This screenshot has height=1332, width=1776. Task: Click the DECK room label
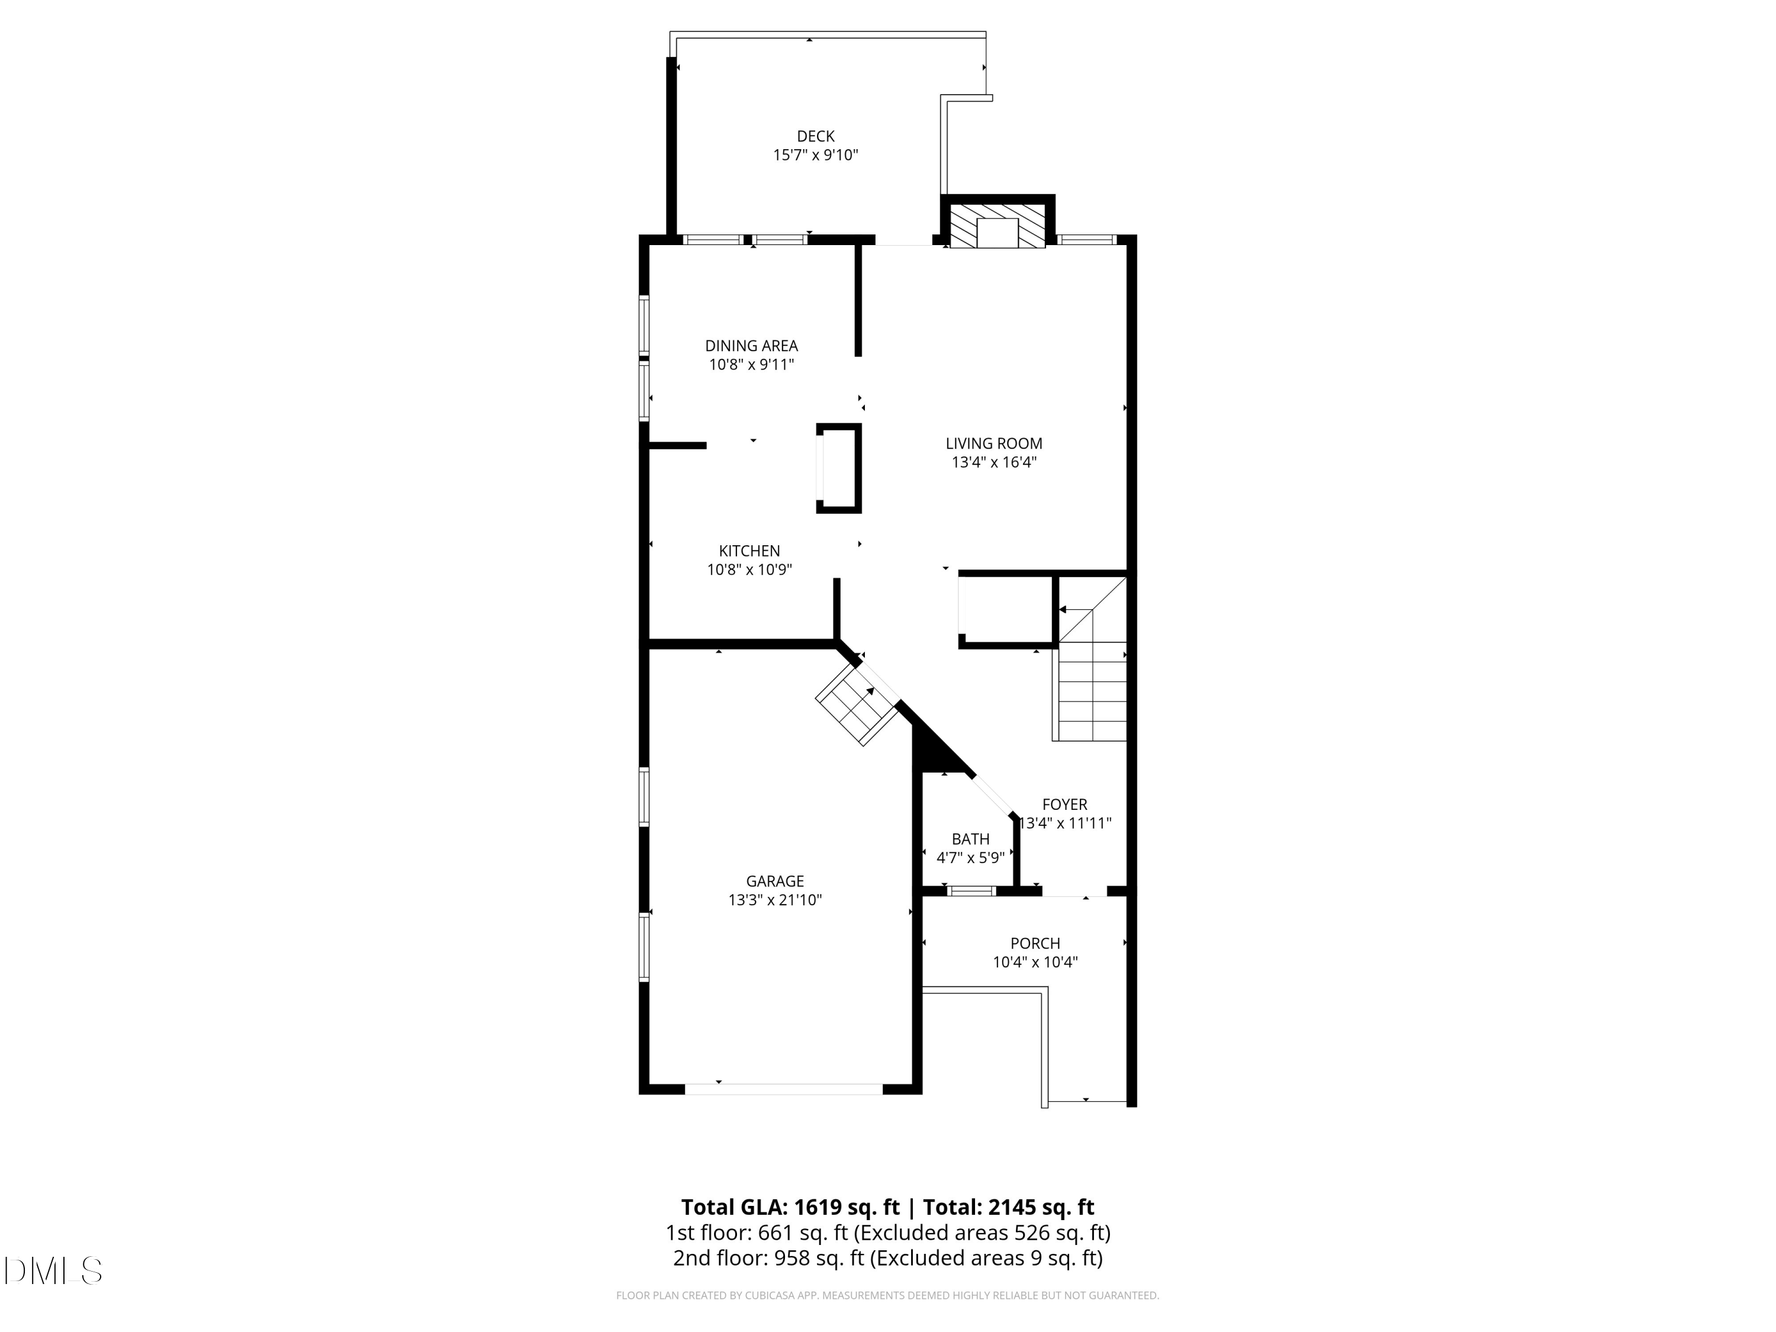[815, 137]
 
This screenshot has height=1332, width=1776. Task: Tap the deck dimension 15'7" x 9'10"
[815, 155]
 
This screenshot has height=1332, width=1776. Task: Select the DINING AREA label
[751, 346]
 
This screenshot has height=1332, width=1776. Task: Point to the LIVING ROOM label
[993, 443]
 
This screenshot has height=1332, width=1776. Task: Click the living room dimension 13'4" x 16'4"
[993, 462]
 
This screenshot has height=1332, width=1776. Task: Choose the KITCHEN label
[749, 551]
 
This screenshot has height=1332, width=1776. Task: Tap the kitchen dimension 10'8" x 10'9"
[749, 570]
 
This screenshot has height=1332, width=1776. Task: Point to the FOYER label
[1064, 805]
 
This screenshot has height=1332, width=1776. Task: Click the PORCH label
[1035, 944]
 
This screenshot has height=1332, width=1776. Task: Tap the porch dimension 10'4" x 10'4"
[1035, 962]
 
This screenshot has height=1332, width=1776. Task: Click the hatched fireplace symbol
[997, 226]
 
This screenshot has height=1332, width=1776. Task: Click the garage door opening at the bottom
[783, 1089]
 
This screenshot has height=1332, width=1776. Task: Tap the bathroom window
[971, 890]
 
